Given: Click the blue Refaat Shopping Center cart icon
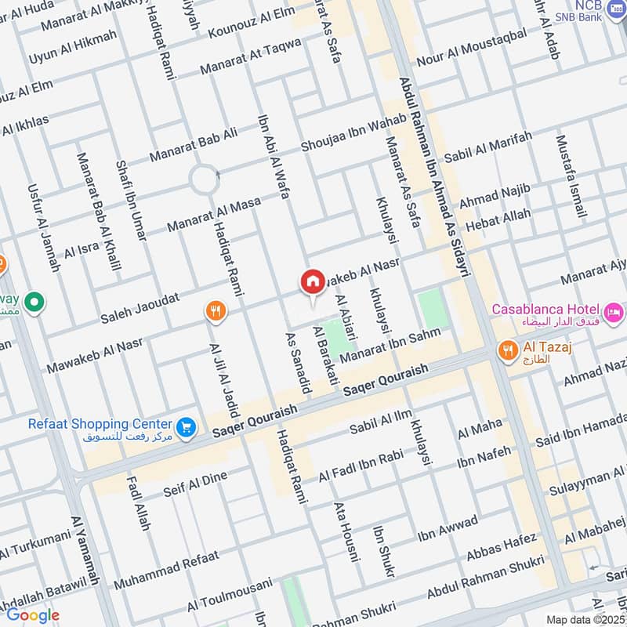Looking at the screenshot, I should pyautogui.click(x=187, y=427).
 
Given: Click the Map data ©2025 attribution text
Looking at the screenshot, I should pyautogui.click(x=585, y=619).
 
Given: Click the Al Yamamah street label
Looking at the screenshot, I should pyautogui.click(x=85, y=560).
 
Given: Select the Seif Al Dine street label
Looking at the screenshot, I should pyautogui.click(x=194, y=483).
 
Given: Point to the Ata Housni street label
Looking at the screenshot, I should pyautogui.click(x=345, y=532).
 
